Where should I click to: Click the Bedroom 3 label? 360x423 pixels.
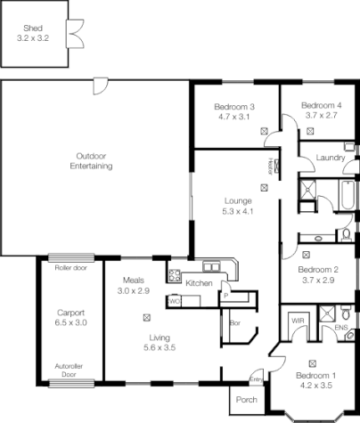pos(234,106)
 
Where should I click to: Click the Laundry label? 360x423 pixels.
pos(331,158)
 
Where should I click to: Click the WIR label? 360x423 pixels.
pos(296,320)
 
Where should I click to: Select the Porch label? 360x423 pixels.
pos(245,399)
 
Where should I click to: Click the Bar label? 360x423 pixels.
pos(234,322)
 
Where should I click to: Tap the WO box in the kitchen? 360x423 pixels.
pos(175,301)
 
